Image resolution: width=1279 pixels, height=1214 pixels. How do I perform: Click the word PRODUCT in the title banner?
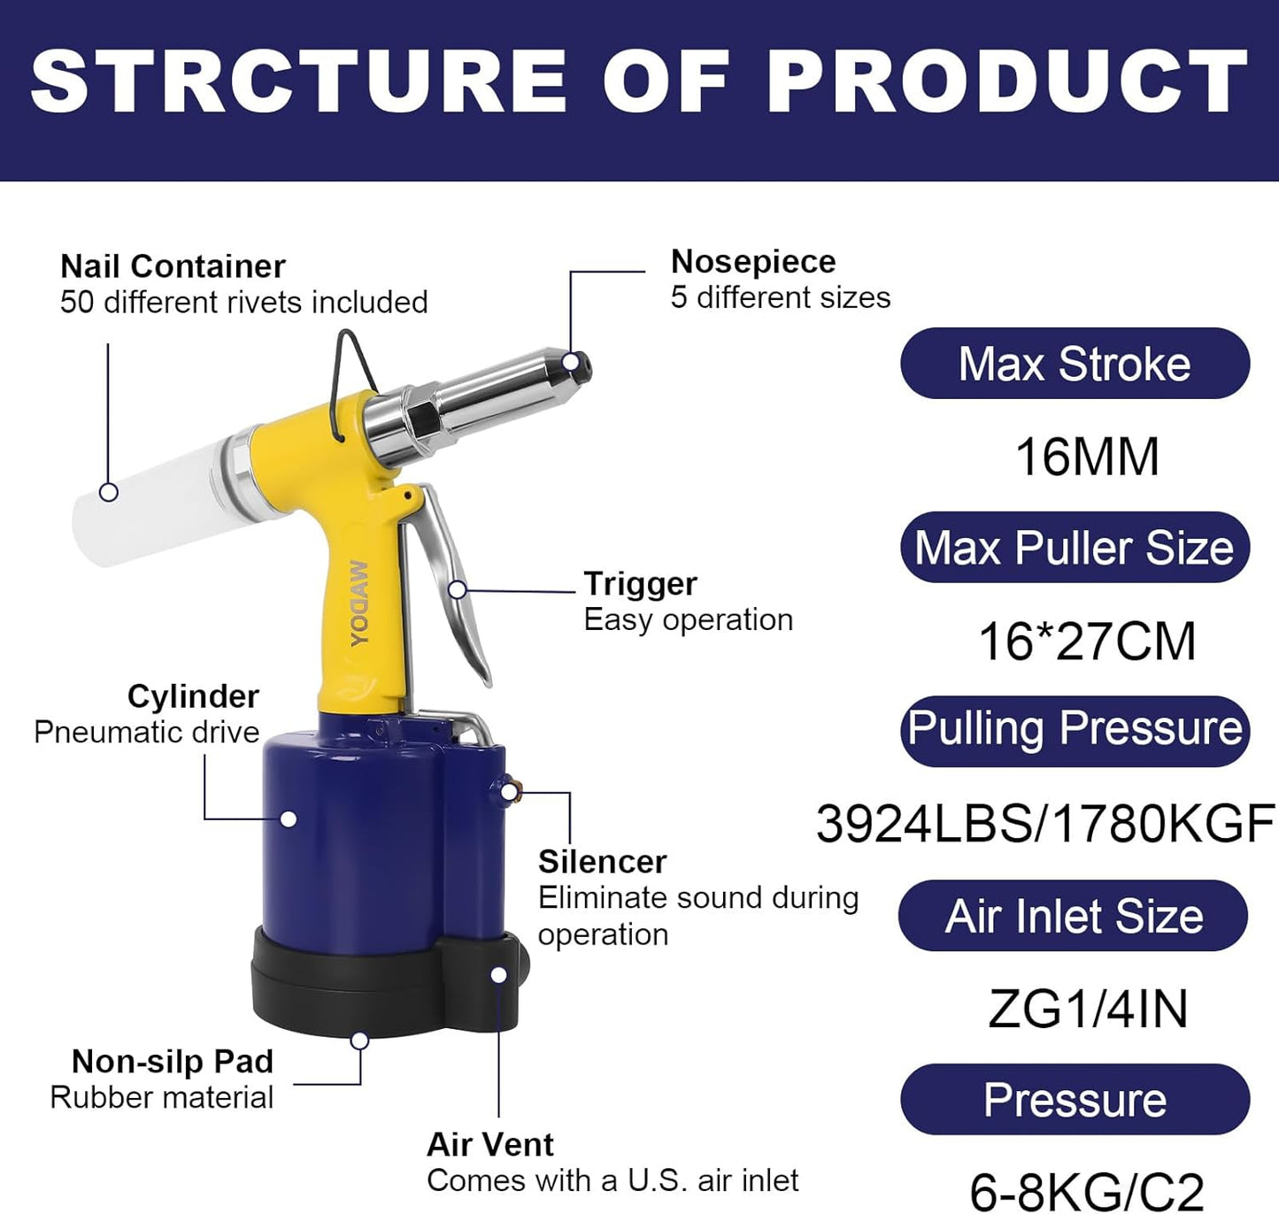(1008, 81)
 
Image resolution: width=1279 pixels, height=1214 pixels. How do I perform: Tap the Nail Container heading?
(173, 266)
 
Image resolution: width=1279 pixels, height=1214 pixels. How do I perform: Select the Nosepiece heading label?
(753, 262)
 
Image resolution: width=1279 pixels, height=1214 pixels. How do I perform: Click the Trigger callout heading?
(640, 584)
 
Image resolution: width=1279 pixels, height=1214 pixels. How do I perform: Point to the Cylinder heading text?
(193, 696)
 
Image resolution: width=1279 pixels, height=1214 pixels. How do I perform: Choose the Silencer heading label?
(603, 862)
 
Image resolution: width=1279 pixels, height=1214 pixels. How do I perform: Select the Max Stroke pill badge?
(1075, 363)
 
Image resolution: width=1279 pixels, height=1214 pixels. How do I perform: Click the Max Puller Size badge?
(1075, 547)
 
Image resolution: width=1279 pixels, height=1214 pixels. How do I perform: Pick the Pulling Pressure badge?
(1075, 731)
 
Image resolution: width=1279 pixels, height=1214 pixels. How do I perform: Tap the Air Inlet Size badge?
(1074, 916)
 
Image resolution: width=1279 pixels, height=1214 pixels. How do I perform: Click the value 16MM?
(1087, 457)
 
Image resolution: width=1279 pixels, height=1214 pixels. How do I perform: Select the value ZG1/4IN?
(1088, 1009)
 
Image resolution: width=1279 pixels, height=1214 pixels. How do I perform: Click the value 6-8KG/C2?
(1086, 1192)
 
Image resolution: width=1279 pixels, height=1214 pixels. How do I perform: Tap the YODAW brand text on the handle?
(359, 603)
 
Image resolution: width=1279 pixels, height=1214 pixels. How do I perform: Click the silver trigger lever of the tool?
(458, 586)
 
